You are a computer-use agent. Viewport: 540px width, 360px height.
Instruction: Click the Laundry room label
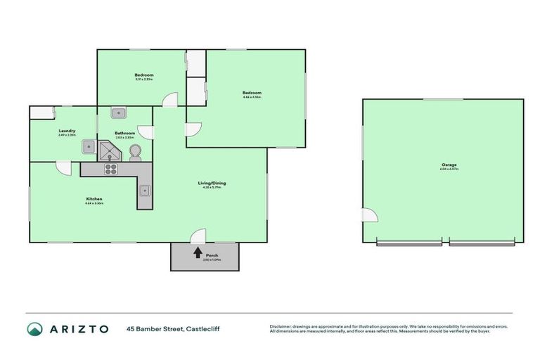pyautogui.click(x=67, y=131)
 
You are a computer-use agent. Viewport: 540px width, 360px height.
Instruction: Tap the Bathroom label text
pyautogui.click(x=125, y=133)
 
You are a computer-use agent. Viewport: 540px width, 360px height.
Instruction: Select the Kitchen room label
pyautogui.click(x=95, y=200)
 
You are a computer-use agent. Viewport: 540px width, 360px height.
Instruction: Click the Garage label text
pyautogui.click(x=448, y=166)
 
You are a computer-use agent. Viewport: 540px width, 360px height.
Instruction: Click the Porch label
pyautogui.click(x=207, y=257)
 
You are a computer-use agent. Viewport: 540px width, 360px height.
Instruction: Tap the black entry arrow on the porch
pyautogui.click(x=198, y=250)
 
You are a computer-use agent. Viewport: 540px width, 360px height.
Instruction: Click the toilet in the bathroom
pyautogui.click(x=136, y=150)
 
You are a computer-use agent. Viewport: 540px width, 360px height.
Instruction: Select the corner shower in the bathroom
pyautogui.click(x=108, y=149)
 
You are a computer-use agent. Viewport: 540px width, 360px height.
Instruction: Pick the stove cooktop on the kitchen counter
pyautogui.click(x=111, y=169)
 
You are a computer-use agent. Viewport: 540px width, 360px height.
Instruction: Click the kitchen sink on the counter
pyautogui.click(x=143, y=189)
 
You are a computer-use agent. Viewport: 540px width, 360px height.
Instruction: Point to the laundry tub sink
pyautogui.click(x=89, y=146)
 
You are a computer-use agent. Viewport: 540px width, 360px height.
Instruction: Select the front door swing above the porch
pyautogui.click(x=198, y=236)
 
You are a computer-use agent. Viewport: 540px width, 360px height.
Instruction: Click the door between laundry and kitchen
pyautogui.click(x=63, y=168)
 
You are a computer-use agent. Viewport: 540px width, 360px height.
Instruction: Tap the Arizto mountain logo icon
pyautogui.click(x=35, y=329)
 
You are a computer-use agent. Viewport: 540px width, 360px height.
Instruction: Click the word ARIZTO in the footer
pyautogui.click(x=79, y=329)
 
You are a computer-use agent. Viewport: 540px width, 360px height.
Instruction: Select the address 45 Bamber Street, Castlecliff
pyautogui.click(x=173, y=329)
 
